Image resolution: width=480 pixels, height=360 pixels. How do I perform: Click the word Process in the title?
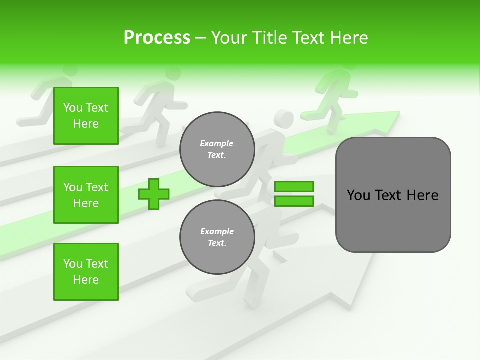(157, 38)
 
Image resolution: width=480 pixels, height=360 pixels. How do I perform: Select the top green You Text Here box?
(86, 116)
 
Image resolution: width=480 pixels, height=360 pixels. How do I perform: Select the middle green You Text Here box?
(86, 195)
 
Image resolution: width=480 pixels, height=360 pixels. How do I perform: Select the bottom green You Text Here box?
(86, 272)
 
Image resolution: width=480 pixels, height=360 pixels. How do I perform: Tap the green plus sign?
(154, 194)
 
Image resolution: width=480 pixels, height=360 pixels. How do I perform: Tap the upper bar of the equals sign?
(294, 186)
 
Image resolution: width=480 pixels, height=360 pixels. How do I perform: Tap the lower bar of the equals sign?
(294, 201)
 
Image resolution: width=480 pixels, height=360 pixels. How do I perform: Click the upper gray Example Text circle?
(217, 149)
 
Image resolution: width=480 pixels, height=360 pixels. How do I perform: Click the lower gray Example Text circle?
(217, 237)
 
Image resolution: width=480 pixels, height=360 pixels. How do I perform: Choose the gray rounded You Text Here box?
(393, 195)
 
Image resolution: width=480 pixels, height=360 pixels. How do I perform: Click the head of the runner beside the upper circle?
(284, 120)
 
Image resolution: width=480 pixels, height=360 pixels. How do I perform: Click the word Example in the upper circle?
(217, 143)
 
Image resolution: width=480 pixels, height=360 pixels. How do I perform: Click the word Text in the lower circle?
(217, 243)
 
